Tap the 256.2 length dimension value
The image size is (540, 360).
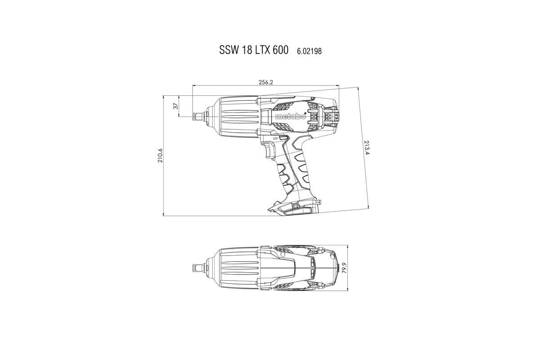click(x=266, y=82)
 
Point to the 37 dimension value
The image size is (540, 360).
click(x=175, y=106)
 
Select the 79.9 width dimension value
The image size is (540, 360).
click(x=345, y=269)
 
